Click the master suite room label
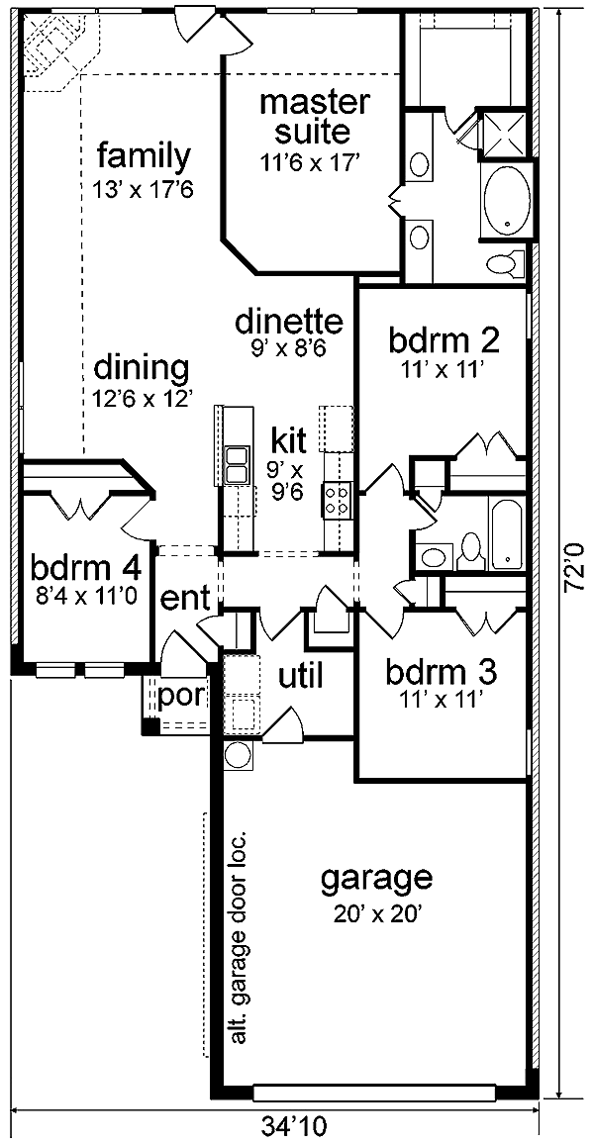point(315,117)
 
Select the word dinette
point(289,320)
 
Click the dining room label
point(142,368)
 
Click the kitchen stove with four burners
point(338,500)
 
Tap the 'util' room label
point(300,676)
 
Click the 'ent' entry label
point(184,599)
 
